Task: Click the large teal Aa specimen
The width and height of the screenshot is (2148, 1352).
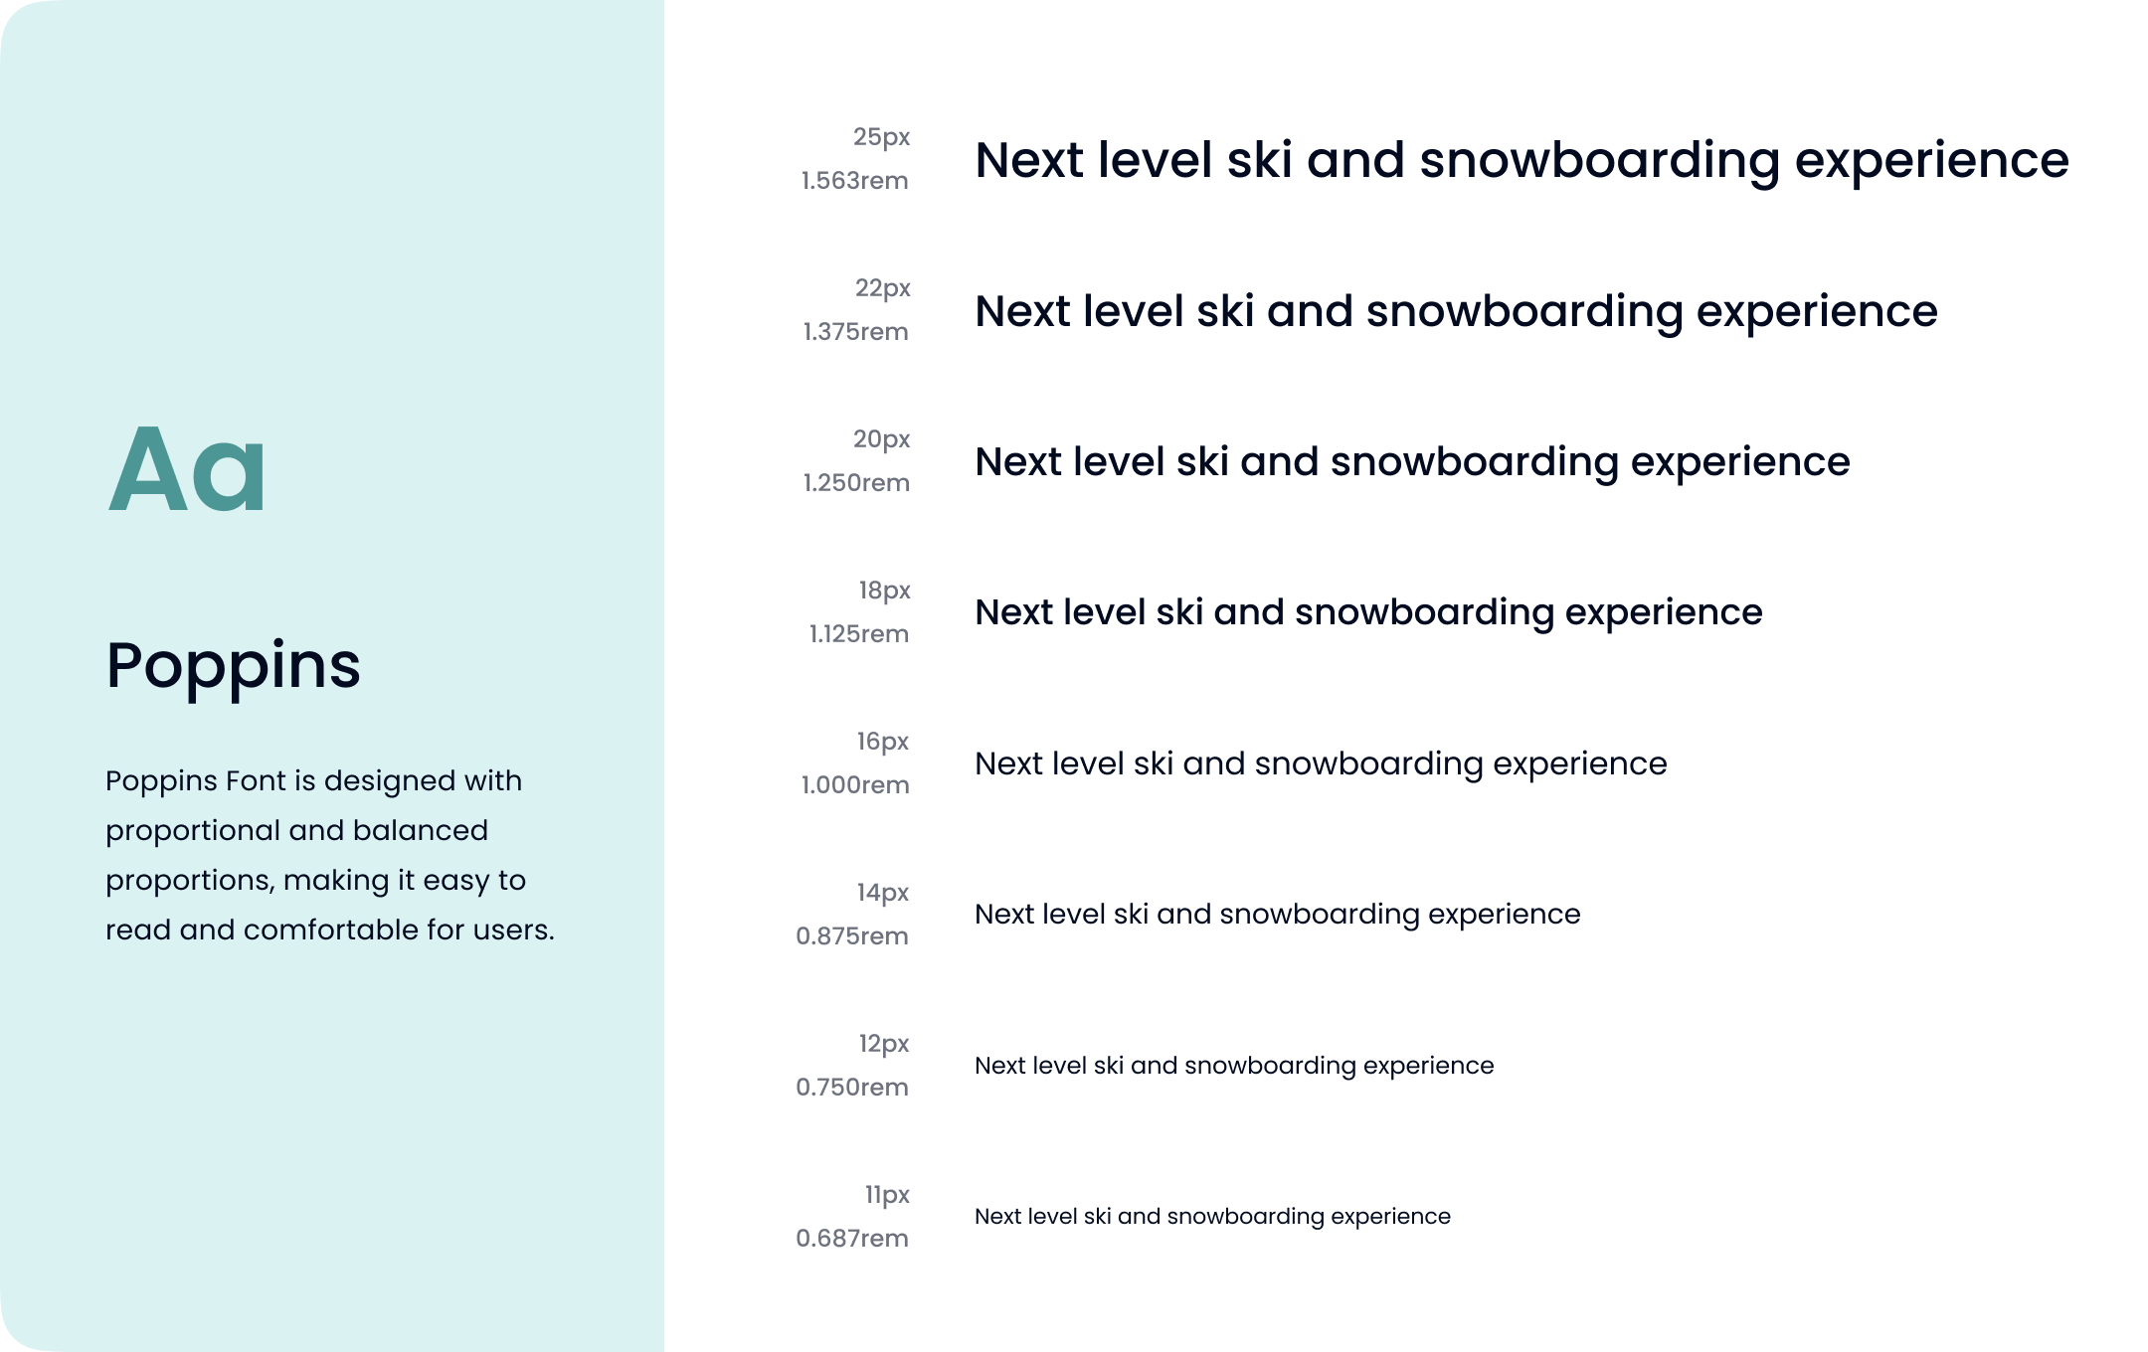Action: [x=187, y=468]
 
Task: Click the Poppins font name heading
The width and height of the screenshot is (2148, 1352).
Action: [x=233, y=666]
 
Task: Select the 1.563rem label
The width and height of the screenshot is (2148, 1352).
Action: [x=855, y=181]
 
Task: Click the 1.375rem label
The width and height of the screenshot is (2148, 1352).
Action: [x=856, y=332]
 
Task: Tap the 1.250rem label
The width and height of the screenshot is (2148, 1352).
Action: [x=856, y=483]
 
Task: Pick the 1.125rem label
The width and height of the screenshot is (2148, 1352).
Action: [x=859, y=634]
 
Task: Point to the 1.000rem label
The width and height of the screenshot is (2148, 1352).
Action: [x=855, y=785]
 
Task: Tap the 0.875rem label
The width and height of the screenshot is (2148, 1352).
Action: [x=852, y=936]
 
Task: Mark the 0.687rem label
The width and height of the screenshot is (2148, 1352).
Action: [x=852, y=1239]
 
